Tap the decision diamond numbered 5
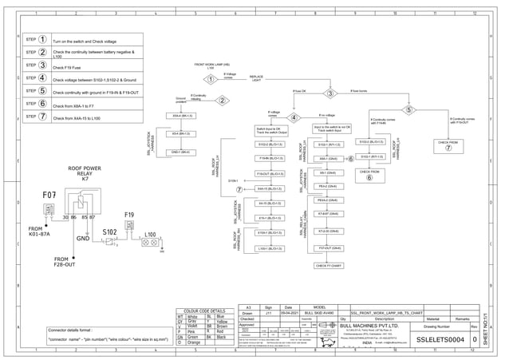pyautogui.click(x=409, y=110)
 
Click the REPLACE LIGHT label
pyautogui.click(x=256, y=79)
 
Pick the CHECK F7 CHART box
pyautogui.click(x=329, y=265)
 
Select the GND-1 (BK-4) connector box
pyautogui.click(x=180, y=152)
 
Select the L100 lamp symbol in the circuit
pyautogui.click(x=150, y=241)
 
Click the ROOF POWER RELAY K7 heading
pyautogui.click(x=84, y=173)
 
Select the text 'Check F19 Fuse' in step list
pyautogui.click(x=68, y=68)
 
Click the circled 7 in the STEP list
pyautogui.click(x=42, y=116)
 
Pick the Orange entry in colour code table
pyautogui.click(x=193, y=343)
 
